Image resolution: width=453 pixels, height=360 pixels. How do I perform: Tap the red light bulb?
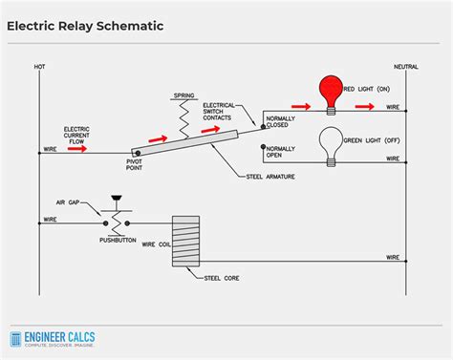tap(330, 92)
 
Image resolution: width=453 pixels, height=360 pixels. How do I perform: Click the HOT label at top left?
tap(40, 66)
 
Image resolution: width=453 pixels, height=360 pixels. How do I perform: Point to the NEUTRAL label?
tap(406, 66)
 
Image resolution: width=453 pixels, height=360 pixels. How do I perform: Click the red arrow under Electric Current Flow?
tap(77, 149)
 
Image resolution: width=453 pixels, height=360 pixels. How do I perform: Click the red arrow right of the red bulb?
tap(364, 107)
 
